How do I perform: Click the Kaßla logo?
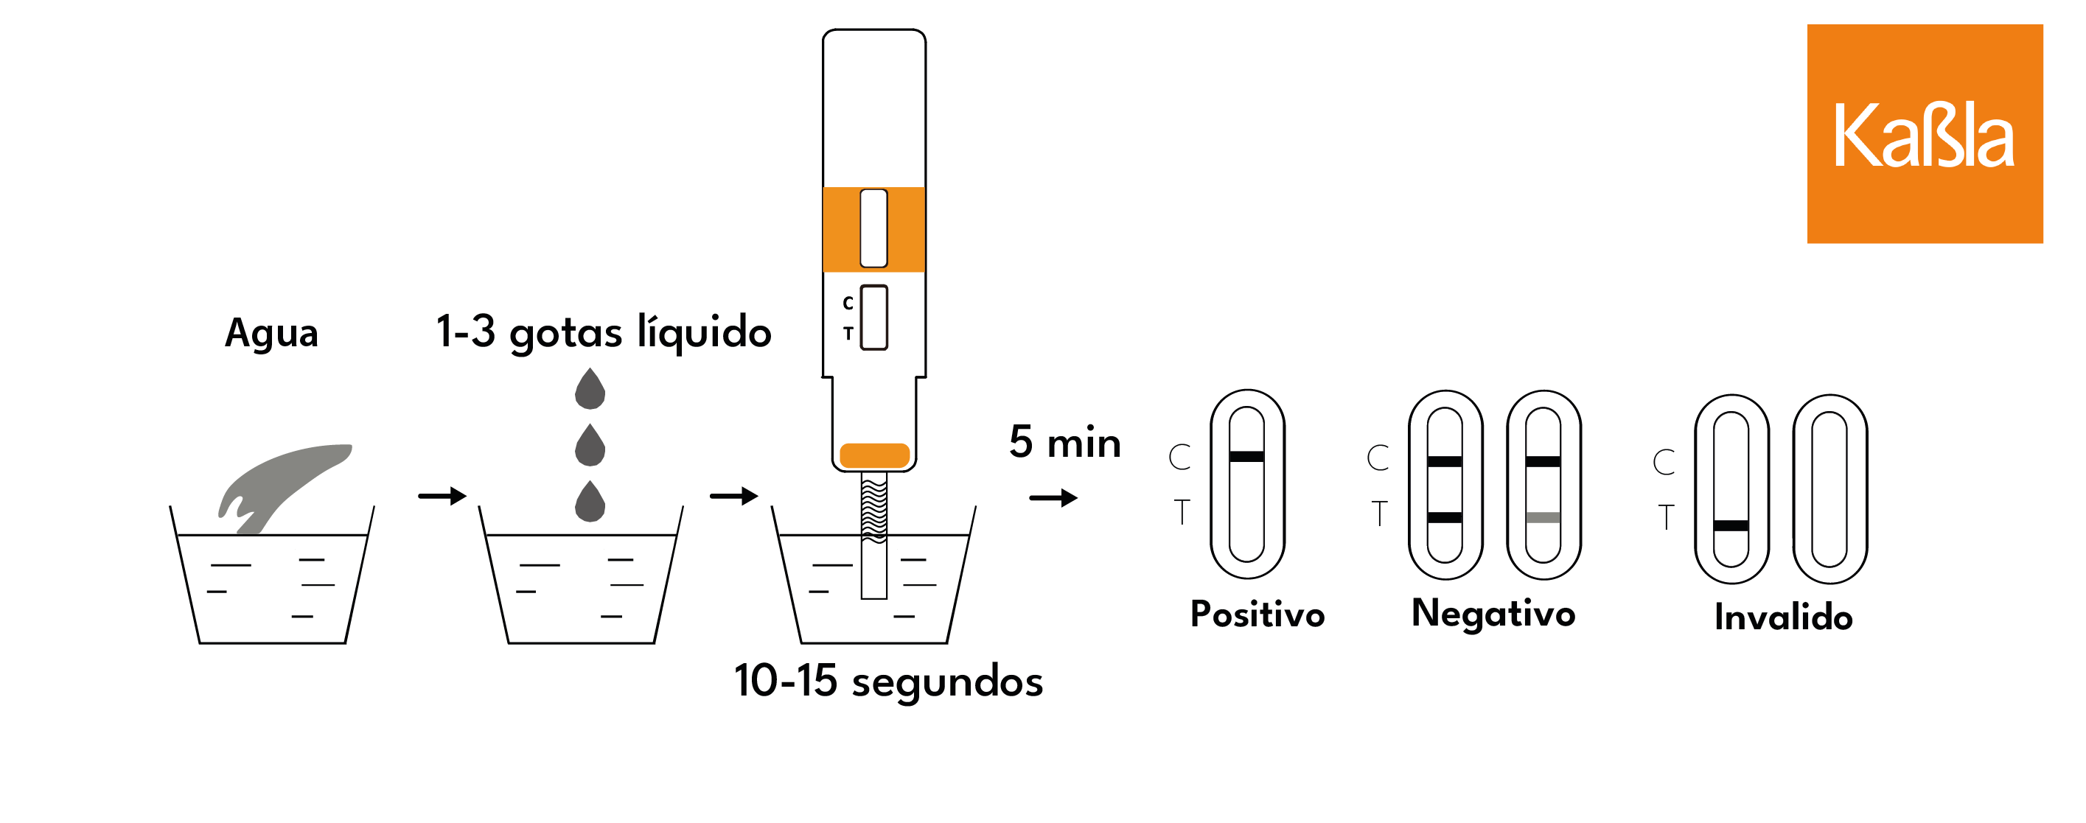point(1924,133)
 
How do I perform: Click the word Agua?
point(271,332)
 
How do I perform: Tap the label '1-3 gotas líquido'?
point(603,332)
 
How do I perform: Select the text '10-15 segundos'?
point(888,681)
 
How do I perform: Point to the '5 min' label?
point(1065,443)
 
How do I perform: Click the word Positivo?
point(1257,614)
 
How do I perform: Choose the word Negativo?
point(1493,614)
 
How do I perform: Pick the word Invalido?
point(1783,617)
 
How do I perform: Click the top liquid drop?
point(590,389)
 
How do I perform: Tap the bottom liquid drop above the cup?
point(590,502)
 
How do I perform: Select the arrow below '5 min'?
point(1053,497)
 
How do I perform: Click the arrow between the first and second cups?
point(442,495)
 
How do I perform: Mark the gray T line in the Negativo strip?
point(1543,518)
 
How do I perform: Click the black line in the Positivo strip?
point(1246,456)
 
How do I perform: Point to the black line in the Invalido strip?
point(1731,526)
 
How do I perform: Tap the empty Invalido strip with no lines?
point(1829,489)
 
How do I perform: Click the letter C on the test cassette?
point(848,303)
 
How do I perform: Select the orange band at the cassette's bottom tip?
point(874,455)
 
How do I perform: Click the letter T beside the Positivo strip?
point(1182,512)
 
